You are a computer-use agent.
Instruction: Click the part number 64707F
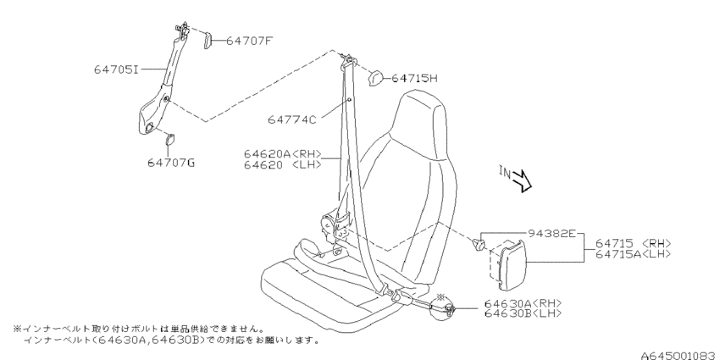coord(250,41)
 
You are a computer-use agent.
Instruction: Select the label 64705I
coord(116,69)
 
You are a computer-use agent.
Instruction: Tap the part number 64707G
coord(171,163)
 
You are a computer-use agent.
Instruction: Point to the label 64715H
coord(415,79)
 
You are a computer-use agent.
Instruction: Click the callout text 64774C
coord(292,119)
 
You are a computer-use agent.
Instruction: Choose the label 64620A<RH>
coord(283,154)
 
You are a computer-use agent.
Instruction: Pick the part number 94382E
coord(551,234)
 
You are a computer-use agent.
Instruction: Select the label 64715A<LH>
coord(634,254)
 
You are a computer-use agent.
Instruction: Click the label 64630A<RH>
coord(523,304)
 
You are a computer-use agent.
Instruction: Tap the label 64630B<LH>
coord(523,313)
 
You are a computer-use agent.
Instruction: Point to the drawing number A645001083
coord(680,356)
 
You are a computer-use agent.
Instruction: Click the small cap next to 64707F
coord(207,40)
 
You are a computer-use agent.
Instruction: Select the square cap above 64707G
coord(170,138)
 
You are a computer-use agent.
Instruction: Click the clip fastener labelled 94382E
coord(479,243)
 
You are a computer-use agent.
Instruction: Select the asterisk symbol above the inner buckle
coord(441,297)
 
